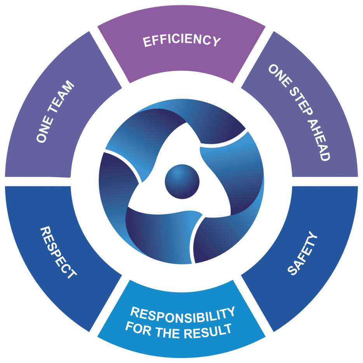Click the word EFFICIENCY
(182, 40)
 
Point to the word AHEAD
(319, 140)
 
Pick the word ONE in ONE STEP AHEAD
(280, 75)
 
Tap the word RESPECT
(58, 252)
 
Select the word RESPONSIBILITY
(183, 314)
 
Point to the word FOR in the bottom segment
(138, 327)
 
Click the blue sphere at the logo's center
(182, 181)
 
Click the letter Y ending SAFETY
(312, 236)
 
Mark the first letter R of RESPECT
(45, 231)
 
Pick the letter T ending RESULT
(227, 329)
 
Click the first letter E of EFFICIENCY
(147, 42)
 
